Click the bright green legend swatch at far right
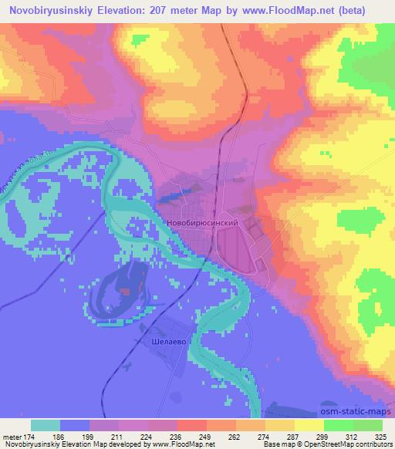[367, 426]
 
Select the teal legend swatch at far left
[46, 426]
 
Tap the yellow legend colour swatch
[309, 426]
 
